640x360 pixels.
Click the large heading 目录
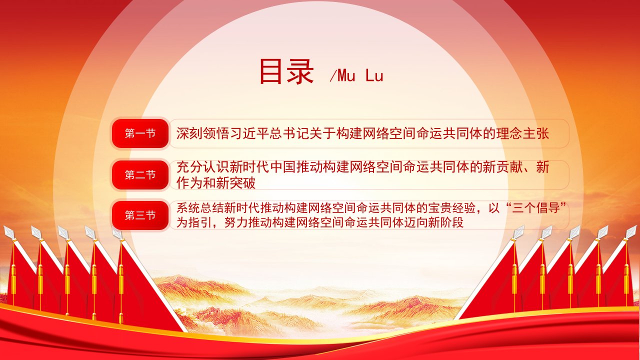click(286, 71)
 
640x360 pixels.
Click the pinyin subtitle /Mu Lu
click(356, 75)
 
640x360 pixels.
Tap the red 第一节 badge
click(140, 133)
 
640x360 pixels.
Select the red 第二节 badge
click(140, 174)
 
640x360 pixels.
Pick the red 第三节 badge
click(140, 215)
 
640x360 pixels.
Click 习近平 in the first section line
click(249, 133)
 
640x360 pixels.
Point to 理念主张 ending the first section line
click(522, 133)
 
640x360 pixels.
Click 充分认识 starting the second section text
click(202, 167)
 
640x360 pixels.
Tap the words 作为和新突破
click(215, 183)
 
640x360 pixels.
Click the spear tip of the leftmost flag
click(8, 231)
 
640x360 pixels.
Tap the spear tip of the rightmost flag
click(631, 231)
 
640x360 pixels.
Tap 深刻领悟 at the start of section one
click(202, 133)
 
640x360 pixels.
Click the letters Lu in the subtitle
click(374, 76)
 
